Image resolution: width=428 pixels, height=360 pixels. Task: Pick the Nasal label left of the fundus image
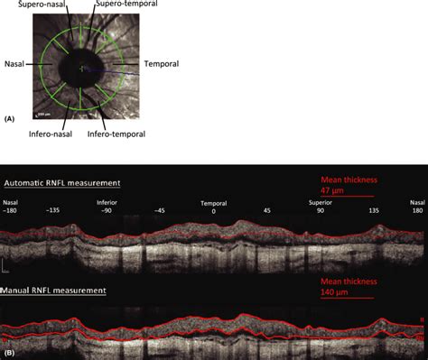(x=14, y=65)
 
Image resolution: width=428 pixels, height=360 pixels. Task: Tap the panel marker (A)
(x=9, y=117)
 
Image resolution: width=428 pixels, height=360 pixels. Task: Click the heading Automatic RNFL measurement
(x=62, y=183)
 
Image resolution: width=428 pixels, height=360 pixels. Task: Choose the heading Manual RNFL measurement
(x=55, y=291)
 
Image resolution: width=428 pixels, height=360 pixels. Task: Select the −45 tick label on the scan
(x=160, y=210)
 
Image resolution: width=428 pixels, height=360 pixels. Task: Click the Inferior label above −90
(x=107, y=203)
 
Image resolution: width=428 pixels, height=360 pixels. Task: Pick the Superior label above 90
(x=320, y=203)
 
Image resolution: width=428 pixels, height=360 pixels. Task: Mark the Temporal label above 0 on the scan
(x=214, y=203)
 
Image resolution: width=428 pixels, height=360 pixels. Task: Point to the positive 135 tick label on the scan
(x=373, y=210)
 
